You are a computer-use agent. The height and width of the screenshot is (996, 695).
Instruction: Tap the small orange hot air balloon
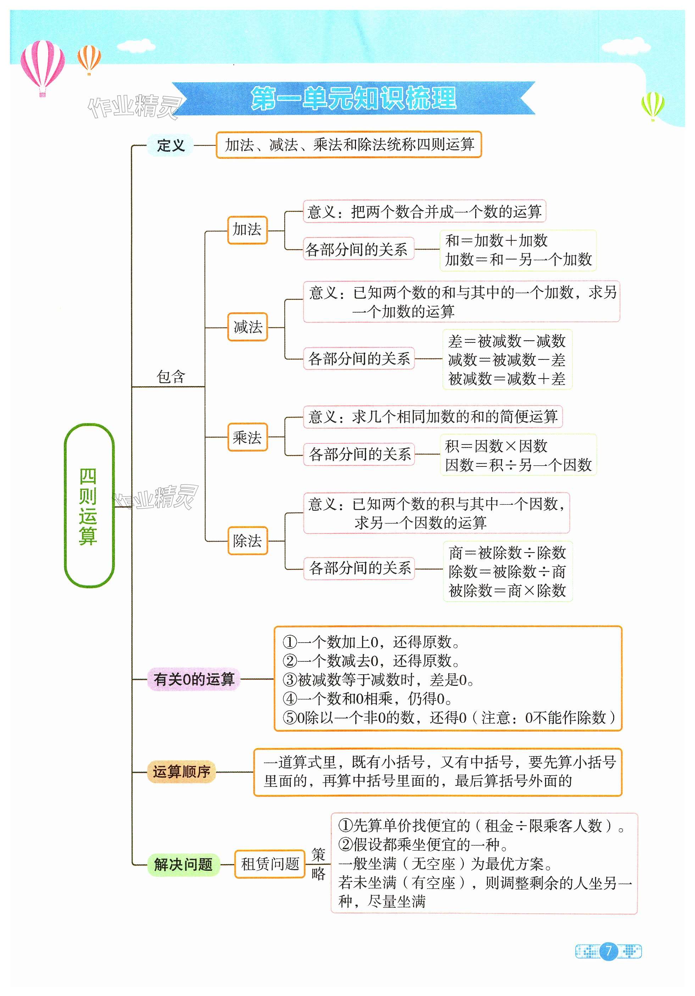[89, 58]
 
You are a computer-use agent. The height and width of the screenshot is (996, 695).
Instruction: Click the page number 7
[608, 951]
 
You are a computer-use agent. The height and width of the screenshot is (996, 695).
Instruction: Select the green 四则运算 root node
[89, 506]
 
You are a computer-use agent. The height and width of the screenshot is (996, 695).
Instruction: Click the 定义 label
[171, 145]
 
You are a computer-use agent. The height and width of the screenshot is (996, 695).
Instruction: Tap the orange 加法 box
[248, 229]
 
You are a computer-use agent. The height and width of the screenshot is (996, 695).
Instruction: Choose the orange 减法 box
[248, 327]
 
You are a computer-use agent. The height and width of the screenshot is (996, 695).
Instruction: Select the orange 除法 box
[248, 541]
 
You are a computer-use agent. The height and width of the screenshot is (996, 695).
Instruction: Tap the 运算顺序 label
[182, 772]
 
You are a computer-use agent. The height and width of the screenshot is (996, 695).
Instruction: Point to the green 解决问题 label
[183, 864]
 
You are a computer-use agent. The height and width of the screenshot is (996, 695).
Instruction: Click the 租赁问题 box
[269, 864]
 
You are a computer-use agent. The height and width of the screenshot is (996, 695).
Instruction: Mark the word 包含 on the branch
[171, 376]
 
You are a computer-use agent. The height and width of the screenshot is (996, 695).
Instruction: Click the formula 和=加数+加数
[496, 240]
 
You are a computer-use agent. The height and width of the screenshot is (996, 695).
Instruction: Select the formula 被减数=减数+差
[507, 379]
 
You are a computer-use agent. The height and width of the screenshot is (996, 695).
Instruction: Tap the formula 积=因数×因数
[496, 446]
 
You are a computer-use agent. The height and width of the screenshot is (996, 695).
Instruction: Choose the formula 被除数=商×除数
[507, 591]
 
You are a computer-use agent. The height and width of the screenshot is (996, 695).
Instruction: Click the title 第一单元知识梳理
[354, 99]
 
